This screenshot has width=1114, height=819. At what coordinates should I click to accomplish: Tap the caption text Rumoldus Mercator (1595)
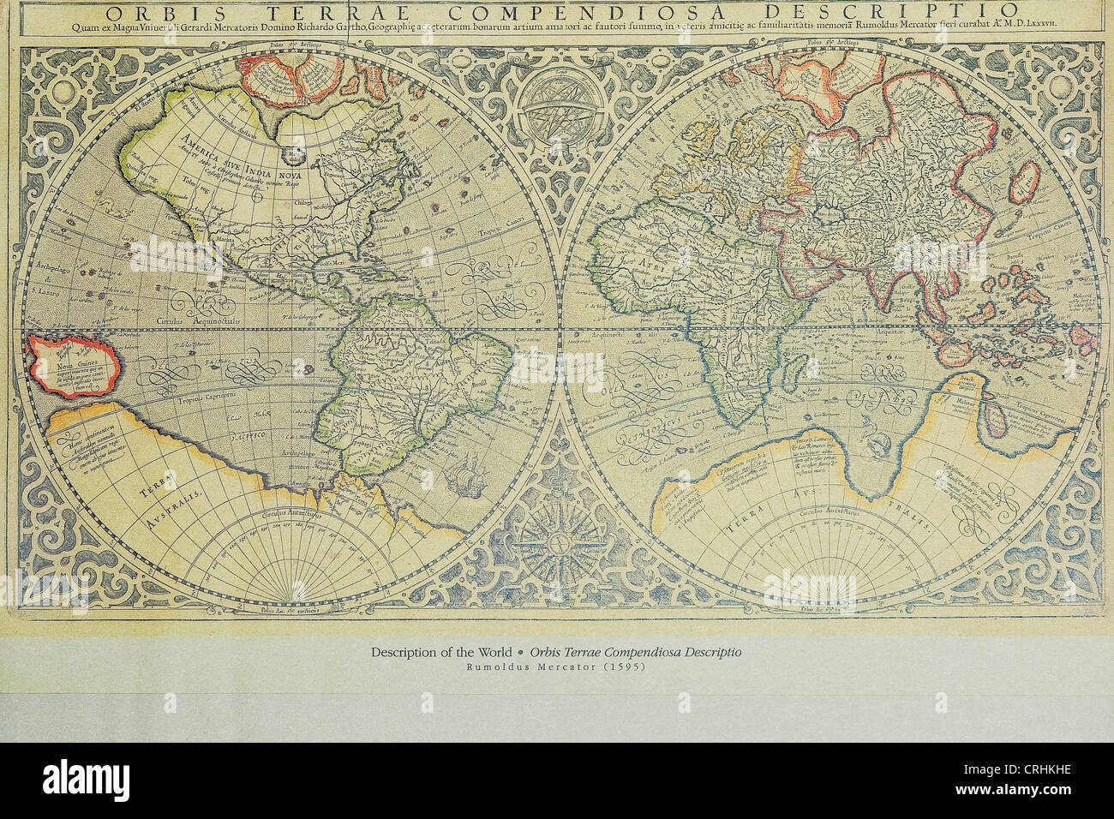[556, 668]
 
